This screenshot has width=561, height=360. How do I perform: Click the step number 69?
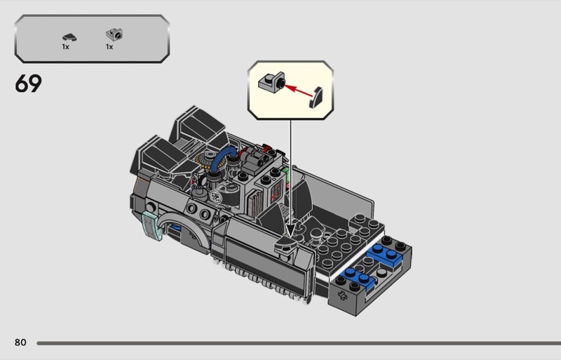[28, 84]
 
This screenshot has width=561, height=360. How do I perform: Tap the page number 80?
[20, 342]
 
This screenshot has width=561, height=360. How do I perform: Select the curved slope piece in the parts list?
[69, 37]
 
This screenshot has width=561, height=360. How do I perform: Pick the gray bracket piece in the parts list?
[114, 35]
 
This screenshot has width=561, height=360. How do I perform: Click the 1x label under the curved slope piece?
[65, 47]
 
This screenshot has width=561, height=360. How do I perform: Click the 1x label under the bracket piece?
[109, 47]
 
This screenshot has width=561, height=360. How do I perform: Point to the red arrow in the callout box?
[299, 91]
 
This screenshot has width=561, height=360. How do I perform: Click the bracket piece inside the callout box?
[272, 82]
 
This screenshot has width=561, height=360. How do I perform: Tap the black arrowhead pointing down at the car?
[290, 230]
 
